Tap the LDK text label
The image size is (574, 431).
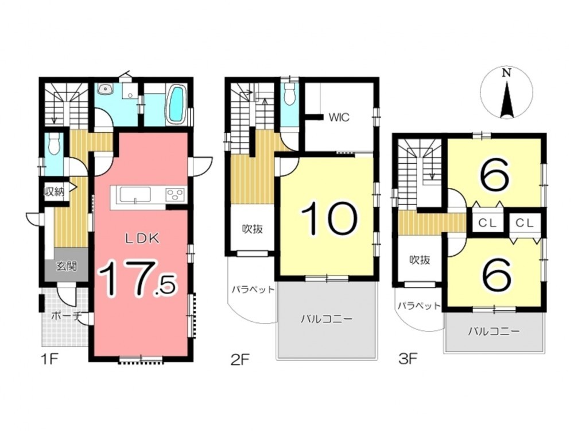(142, 239)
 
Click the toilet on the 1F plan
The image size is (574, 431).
(53, 144)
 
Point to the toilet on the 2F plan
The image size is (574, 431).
(289, 95)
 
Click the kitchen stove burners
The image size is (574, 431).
(176, 194)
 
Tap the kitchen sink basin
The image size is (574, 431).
(135, 194)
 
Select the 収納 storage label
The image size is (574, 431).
(54, 191)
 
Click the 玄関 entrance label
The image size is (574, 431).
(66, 266)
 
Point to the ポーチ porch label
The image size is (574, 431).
(65, 316)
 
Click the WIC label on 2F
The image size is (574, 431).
(339, 118)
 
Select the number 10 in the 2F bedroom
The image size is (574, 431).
(328, 219)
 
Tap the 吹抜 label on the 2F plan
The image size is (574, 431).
(253, 229)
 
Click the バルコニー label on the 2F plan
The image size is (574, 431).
(327, 319)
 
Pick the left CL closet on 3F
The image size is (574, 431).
(487, 223)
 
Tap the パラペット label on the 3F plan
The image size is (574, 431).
(419, 306)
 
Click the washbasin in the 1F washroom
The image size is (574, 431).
(106, 88)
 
